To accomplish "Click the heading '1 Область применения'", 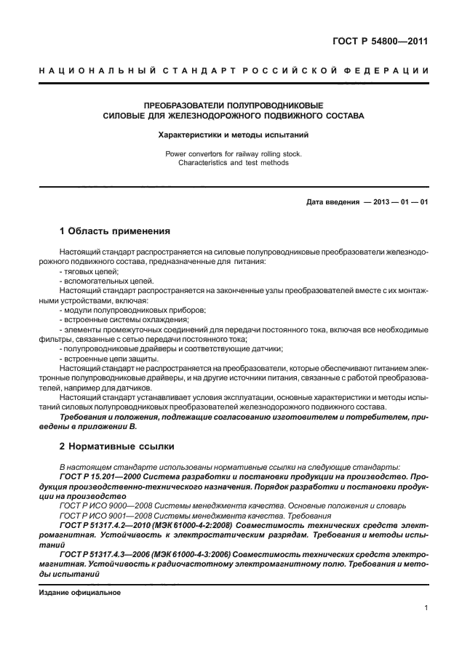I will click(x=115, y=232).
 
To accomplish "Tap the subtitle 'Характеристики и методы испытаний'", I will click(x=234, y=135).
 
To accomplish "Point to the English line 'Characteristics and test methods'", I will click(x=234, y=163).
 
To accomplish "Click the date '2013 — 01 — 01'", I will click(x=401, y=202).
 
